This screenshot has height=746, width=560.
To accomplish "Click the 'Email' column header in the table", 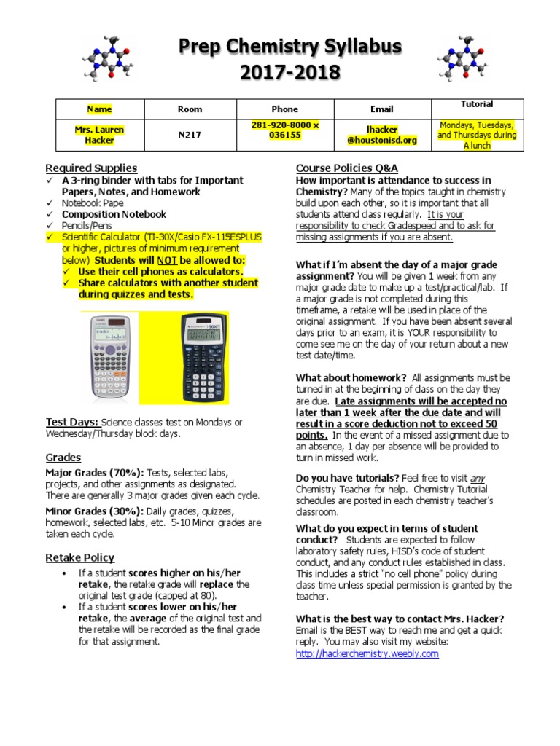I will point(381,109).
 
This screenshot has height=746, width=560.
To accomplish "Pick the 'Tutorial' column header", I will point(476,104).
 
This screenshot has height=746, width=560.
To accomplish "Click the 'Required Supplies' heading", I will point(91,168).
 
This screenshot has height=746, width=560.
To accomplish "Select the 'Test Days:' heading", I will point(72,422).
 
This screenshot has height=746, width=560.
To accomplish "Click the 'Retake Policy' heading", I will point(79,558).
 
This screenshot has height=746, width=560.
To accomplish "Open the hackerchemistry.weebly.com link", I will point(367,653).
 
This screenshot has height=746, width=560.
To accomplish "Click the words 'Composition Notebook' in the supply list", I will point(114,215).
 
